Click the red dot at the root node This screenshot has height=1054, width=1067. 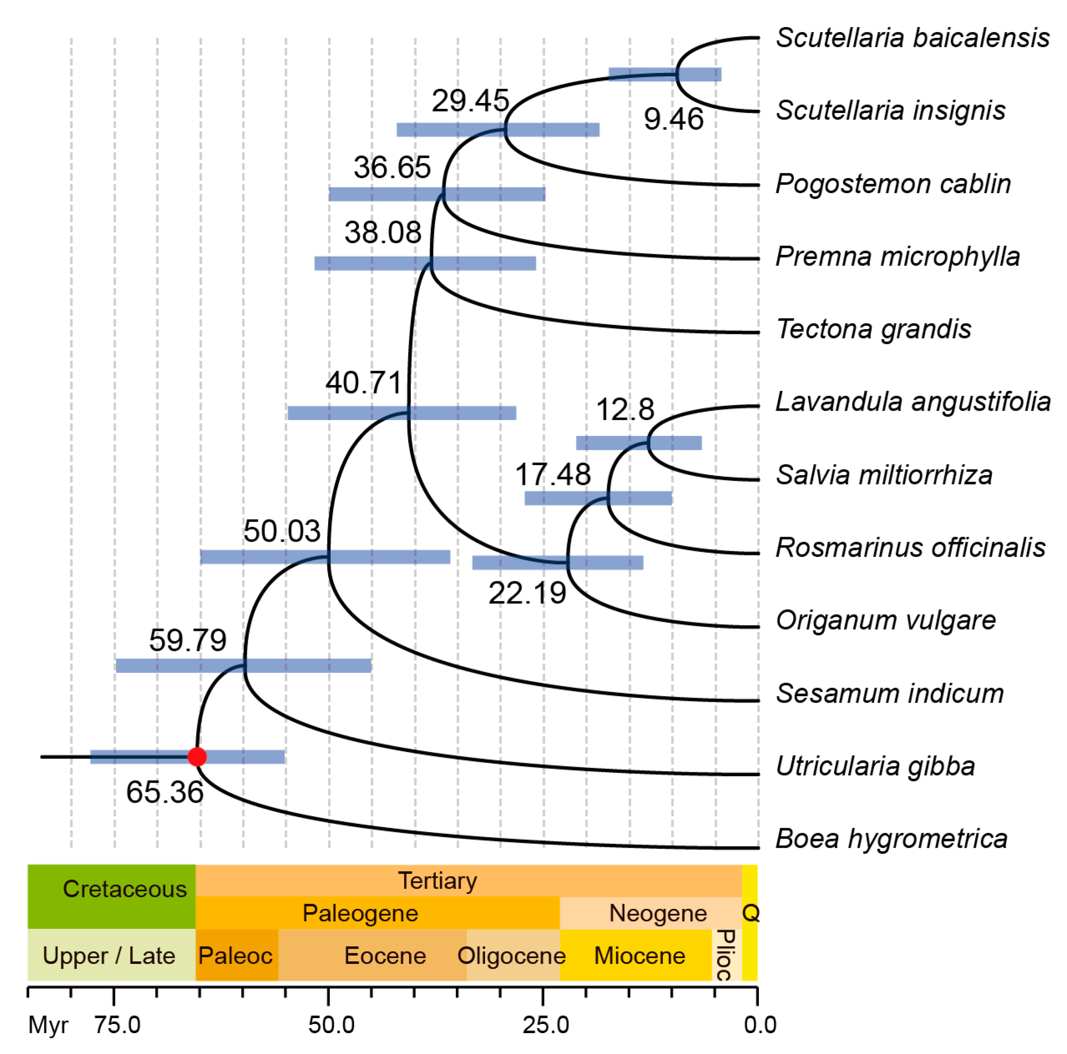coord(197,756)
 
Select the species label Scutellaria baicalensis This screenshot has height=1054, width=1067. coord(912,38)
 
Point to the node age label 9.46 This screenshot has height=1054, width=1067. coord(673,119)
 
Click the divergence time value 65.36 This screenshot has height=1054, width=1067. coord(165,792)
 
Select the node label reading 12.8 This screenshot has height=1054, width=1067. coord(625,410)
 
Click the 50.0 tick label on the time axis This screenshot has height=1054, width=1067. coord(331,1025)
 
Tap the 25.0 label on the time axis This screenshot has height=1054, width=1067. coord(546,1025)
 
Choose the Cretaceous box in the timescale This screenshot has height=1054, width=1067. coord(112,896)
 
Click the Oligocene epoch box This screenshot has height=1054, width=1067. coord(512,956)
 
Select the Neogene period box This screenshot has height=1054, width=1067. coord(657,913)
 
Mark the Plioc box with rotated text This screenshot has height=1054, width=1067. coord(726,955)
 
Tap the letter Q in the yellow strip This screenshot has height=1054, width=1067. coord(750,913)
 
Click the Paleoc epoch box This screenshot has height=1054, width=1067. coord(236,956)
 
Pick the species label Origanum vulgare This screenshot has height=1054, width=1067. coord(885,620)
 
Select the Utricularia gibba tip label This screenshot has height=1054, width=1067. coord(875,766)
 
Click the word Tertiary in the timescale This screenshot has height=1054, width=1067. coord(437,880)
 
